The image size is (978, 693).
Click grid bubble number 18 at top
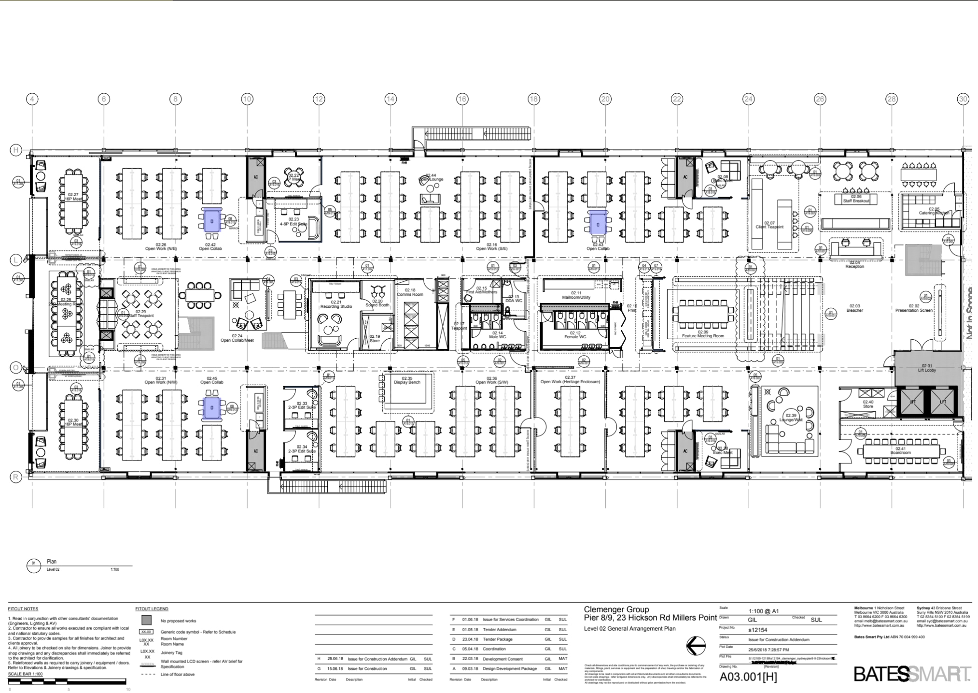533,99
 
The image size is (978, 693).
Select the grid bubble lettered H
16,150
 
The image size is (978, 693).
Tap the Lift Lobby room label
926,368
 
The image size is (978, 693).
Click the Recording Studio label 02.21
336,304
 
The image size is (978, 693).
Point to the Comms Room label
410,292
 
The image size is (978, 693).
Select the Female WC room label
575,335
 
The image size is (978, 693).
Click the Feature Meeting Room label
702,334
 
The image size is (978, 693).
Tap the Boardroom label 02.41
900,450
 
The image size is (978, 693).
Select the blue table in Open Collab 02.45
212,408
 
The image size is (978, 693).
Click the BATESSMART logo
912,674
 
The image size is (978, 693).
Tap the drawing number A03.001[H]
748,677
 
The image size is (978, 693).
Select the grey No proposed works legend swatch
146,621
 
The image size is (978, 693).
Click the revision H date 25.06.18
335,659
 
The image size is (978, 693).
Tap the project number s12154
757,630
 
